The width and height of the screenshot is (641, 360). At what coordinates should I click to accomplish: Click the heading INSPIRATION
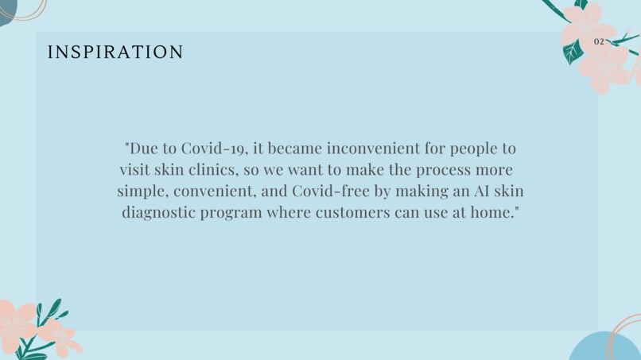pos(115,52)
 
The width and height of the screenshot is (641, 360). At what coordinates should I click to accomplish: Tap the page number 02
pos(599,41)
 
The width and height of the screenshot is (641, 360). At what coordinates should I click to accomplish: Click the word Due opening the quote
pos(144,149)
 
